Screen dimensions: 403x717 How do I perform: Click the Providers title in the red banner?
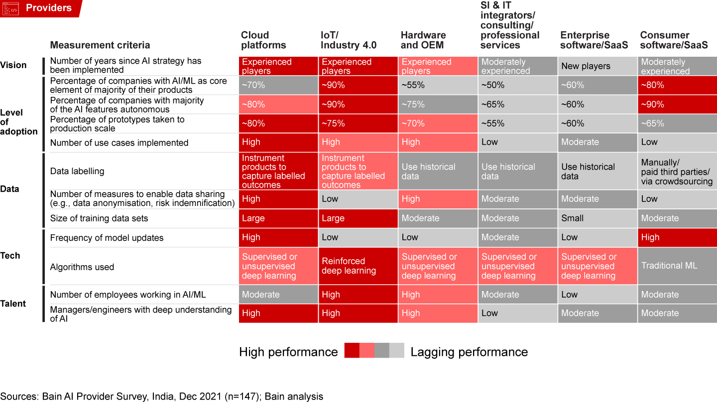(49, 8)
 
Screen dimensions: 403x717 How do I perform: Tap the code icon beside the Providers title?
(10, 8)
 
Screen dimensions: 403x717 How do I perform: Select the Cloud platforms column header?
(263, 40)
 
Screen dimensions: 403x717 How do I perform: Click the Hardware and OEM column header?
(423, 40)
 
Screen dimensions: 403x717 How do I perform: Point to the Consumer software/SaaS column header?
(674, 40)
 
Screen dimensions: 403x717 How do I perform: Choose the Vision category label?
(13, 65)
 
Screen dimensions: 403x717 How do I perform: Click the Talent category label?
(13, 303)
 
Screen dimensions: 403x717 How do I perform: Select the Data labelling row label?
(77, 171)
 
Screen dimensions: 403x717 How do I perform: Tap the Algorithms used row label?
(82, 267)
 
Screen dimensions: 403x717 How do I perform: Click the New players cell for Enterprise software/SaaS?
(586, 66)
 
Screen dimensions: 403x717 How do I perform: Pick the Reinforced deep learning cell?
(349, 266)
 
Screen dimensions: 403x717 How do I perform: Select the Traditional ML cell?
(669, 266)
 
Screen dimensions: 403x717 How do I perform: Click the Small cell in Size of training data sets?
(572, 218)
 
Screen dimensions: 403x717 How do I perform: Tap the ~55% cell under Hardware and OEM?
(413, 85)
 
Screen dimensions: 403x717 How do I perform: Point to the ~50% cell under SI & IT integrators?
(492, 85)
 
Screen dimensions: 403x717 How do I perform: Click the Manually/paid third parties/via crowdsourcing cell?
(677, 172)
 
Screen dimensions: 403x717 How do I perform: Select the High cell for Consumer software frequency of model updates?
(650, 237)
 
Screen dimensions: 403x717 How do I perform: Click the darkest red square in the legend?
(352, 351)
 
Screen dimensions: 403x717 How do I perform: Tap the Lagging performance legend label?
(469, 352)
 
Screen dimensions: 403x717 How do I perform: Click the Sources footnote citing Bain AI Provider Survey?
(162, 397)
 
